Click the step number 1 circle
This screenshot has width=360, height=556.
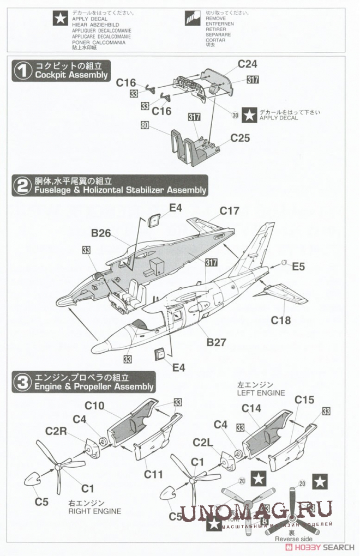(x=22, y=71)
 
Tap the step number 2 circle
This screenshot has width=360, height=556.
(x=22, y=186)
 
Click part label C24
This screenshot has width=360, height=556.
(x=247, y=64)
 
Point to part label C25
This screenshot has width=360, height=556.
(x=240, y=138)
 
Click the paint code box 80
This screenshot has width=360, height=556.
(x=145, y=125)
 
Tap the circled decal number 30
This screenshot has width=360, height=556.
(x=235, y=115)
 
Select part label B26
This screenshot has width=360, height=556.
(x=101, y=233)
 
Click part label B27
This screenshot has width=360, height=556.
(x=216, y=342)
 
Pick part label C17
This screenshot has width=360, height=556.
(x=230, y=210)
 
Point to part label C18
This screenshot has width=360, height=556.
(x=281, y=320)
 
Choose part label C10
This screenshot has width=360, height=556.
(x=94, y=406)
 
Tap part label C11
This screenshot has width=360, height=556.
(x=154, y=474)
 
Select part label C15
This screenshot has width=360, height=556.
(x=304, y=400)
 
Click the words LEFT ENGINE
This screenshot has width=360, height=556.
(x=261, y=392)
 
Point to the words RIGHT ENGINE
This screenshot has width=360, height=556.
(x=94, y=511)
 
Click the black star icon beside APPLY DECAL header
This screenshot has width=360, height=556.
(x=57, y=20)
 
